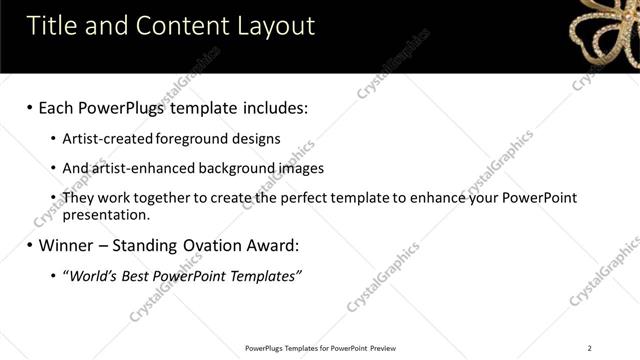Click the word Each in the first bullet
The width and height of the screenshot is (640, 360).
click(x=58, y=106)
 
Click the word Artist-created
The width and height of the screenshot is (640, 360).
click(x=103, y=139)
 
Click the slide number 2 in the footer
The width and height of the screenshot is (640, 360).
click(x=589, y=348)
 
